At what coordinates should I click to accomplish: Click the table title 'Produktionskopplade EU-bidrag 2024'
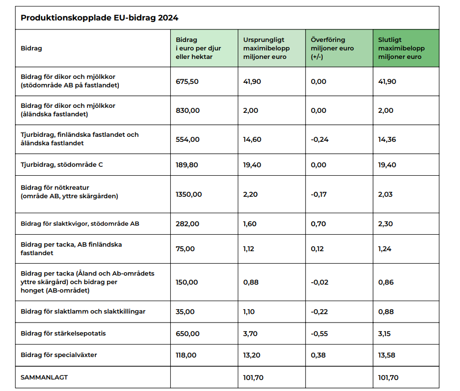pos(99,18)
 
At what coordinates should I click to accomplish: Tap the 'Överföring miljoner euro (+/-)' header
pos(332,48)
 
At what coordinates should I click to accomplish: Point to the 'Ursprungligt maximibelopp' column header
pos(266,48)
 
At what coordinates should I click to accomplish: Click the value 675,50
pos(187,81)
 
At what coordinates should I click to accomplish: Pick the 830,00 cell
pos(187,110)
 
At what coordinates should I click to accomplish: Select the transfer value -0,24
pos(320,139)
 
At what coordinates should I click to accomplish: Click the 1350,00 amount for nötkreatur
pos(189,194)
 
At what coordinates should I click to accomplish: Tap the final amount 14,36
pos(387,139)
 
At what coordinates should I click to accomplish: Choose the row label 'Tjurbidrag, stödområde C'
pos(62,165)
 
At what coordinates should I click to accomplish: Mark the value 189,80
pos(187,165)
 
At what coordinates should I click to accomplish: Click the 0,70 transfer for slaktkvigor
pos(318,224)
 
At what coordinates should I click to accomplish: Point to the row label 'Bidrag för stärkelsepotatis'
pos(63,333)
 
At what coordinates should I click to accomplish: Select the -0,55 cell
pos(320,334)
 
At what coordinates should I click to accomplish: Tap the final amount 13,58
pos(387,356)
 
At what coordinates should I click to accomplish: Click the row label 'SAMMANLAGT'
pos(44,378)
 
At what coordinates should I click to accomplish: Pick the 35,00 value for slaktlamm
pos(185,312)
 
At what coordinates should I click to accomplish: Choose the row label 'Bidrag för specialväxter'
pos(59,355)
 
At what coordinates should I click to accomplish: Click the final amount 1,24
pos(386,249)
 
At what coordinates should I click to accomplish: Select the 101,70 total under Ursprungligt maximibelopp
pos(253,378)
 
